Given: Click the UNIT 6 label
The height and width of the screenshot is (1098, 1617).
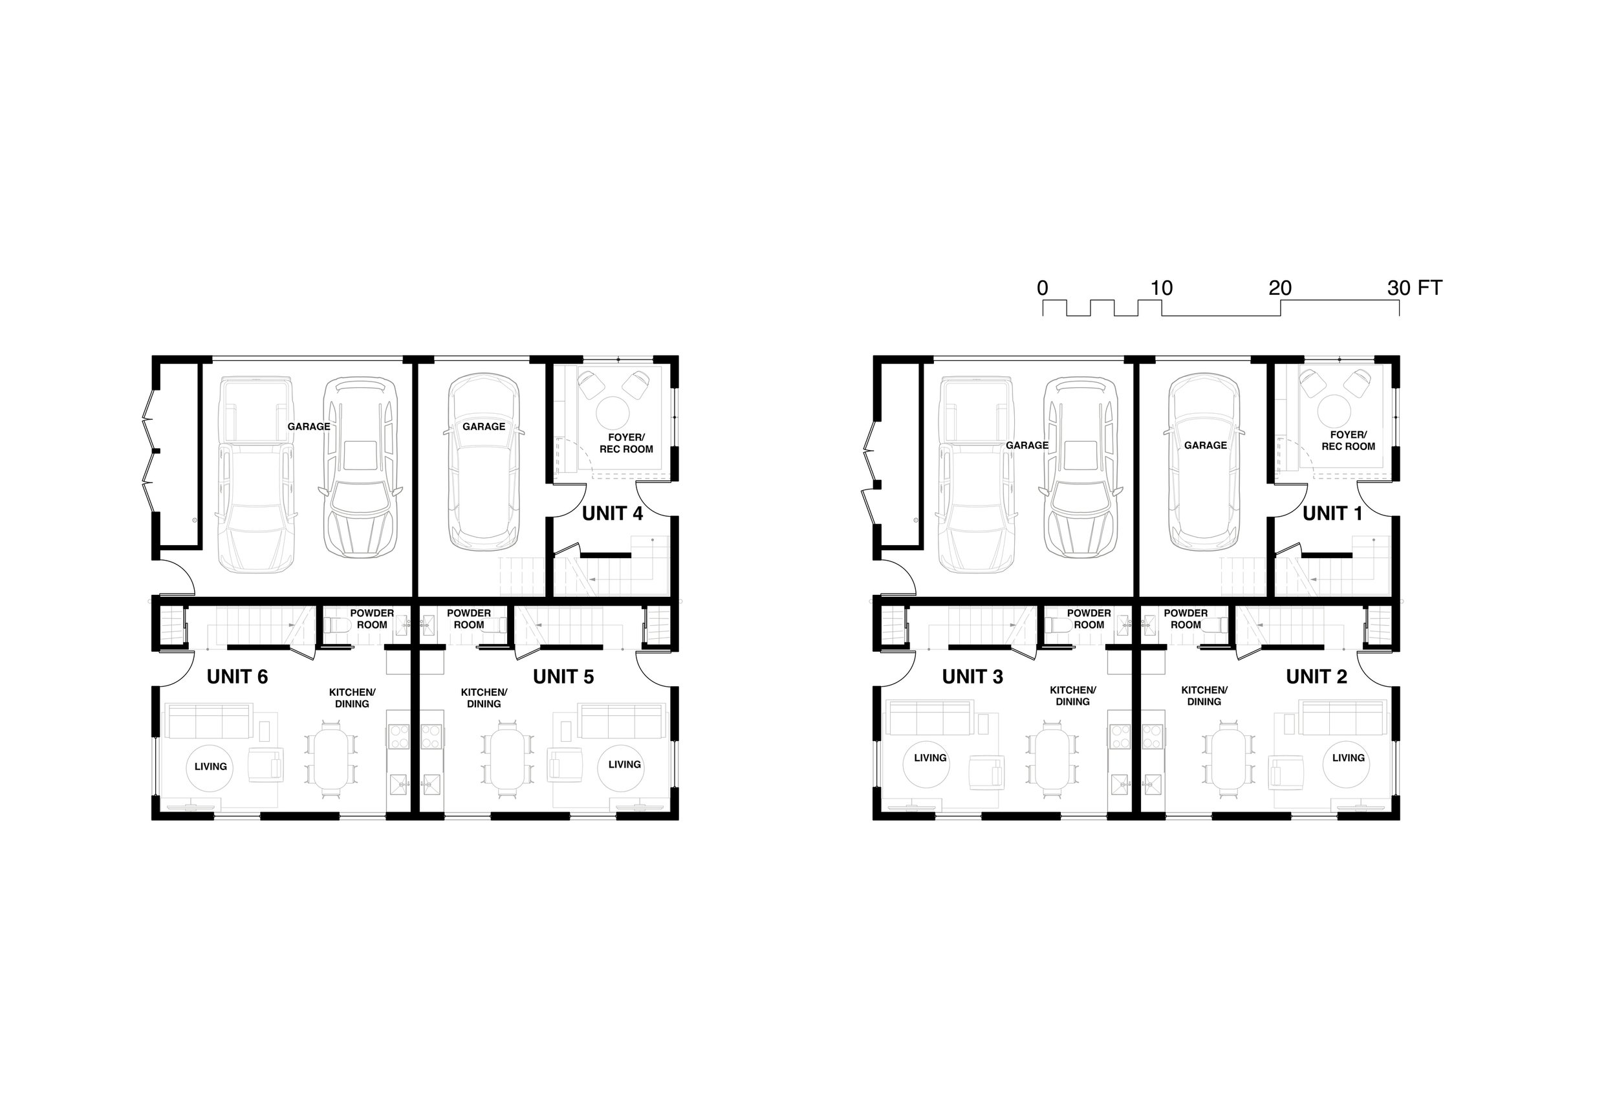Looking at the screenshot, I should coord(237,677).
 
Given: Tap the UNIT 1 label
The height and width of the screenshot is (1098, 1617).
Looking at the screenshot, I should coord(1332,513).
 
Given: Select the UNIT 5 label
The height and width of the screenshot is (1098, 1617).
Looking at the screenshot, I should coord(563,677).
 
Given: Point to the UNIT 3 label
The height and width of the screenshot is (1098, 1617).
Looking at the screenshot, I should coord(972,677).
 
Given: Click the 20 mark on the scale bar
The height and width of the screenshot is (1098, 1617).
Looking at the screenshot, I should coord(1279,288).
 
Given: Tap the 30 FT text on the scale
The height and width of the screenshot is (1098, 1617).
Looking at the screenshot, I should coord(1414,288).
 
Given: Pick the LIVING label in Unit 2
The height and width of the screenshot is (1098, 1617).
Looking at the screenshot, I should coord(1348,758).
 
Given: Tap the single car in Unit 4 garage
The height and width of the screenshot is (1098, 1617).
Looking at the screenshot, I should coord(484,463).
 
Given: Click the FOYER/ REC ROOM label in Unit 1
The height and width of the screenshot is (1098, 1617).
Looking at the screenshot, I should coord(1348,440).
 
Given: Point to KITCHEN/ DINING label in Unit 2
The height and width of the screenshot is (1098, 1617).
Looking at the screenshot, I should coord(1204,696).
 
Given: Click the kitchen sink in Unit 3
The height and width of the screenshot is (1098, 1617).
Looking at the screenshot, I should coord(1120,784).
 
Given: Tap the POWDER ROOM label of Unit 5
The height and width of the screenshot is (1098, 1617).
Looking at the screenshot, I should coord(468,619).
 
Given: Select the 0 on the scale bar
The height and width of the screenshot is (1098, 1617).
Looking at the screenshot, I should coord(1042,288).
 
